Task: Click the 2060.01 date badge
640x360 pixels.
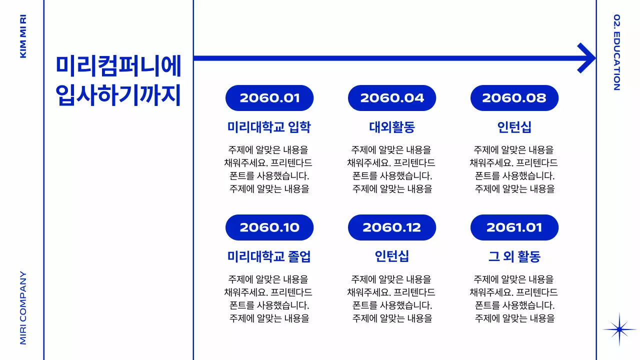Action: pos(269,98)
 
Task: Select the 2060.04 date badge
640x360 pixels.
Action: pos(392,98)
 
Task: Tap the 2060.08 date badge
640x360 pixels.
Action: pos(514,98)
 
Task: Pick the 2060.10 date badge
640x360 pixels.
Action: pos(269,227)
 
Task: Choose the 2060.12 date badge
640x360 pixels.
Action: pos(392,227)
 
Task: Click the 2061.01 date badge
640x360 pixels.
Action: pos(514,227)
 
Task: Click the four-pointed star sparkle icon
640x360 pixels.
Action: pos(619,329)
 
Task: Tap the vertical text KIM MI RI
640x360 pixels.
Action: pos(23,36)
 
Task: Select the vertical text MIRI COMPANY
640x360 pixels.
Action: pos(23,307)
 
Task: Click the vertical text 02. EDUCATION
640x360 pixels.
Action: pos(616,52)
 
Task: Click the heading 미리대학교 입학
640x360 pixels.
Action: pos(269,127)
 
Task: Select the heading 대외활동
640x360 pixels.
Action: pos(392,127)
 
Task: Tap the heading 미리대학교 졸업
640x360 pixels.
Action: pos(269,256)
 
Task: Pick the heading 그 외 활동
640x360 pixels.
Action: pos(514,256)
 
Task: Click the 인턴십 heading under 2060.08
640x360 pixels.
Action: pos(514,127)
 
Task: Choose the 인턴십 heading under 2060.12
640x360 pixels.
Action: pos(392,256)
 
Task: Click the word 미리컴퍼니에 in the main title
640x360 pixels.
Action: pos(118,66)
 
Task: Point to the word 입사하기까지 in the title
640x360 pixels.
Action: pos(118,95)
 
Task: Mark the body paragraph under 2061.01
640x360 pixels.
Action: pos(514,298)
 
